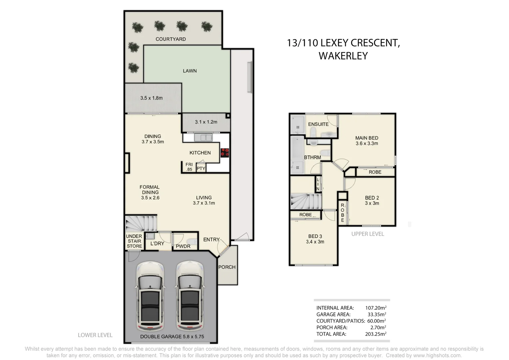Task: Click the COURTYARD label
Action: tap(171, 39)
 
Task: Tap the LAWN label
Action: tap(190, 71)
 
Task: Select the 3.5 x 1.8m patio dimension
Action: tap(151, 98)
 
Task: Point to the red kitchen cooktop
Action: tap(225, 152)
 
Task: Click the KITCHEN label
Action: tap(200, 153)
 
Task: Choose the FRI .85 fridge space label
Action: tap(189, 167)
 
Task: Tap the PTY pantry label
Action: tap(201, 168)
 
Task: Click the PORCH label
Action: tap(227, 267)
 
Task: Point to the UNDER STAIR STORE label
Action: tap(134, 241)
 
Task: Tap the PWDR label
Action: tap(183, 246)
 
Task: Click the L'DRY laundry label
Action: tap(157, 243)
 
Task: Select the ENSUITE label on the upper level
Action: tap(318, 124)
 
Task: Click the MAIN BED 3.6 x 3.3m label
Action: tap(366, 141)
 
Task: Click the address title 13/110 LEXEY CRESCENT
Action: tap(343, 43)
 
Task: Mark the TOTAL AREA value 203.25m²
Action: tap(375, 334)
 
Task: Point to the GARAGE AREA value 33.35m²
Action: tap(375, 314)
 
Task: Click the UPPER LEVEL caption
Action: tap(367, 234)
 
